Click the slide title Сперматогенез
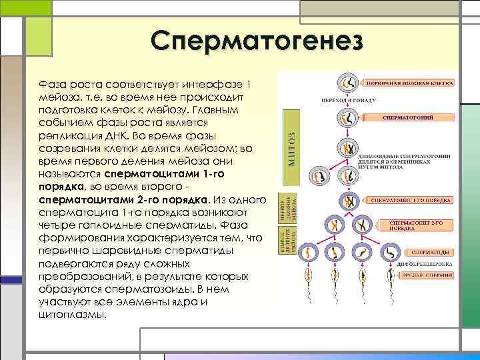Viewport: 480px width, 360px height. pos(257,41)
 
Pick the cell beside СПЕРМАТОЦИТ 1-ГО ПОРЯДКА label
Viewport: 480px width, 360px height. pos(347,201)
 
